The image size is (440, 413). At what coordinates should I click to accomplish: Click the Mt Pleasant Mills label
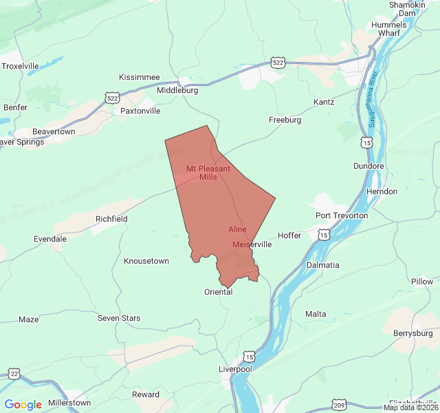(x=208, y=173)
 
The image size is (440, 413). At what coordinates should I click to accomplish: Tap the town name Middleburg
(x=177, y=90)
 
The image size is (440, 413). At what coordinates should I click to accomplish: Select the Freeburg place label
(x=285, y=120)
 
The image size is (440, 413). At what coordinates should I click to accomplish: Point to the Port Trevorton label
(x=342, y=215)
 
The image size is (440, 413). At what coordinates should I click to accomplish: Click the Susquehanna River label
(x=372, y=97)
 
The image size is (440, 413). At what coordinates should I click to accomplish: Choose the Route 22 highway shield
(x=14, y=374)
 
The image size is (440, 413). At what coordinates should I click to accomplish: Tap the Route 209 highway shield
(x=339, y=405)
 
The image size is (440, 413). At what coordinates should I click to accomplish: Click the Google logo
(x=23, y=405)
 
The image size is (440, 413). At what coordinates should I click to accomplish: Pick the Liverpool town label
(x=235, y=369)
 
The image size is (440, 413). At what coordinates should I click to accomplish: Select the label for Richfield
(x=111, y=219)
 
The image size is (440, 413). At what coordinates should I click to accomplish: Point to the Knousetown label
(x=146, y=261)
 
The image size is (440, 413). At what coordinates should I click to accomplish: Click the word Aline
(x=237, y=229)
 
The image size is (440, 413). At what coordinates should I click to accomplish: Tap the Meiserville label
(x=252, y=244)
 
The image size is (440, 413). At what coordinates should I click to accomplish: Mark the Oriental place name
(x=219, y=292)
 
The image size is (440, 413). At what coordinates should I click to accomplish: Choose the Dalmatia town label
(x=323, y=265)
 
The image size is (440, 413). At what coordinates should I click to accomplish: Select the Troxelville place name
(x=21, y=66)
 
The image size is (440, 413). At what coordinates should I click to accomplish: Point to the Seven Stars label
(x=119, y=318)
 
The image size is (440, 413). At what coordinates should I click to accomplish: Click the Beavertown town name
(x=54, y=131)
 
